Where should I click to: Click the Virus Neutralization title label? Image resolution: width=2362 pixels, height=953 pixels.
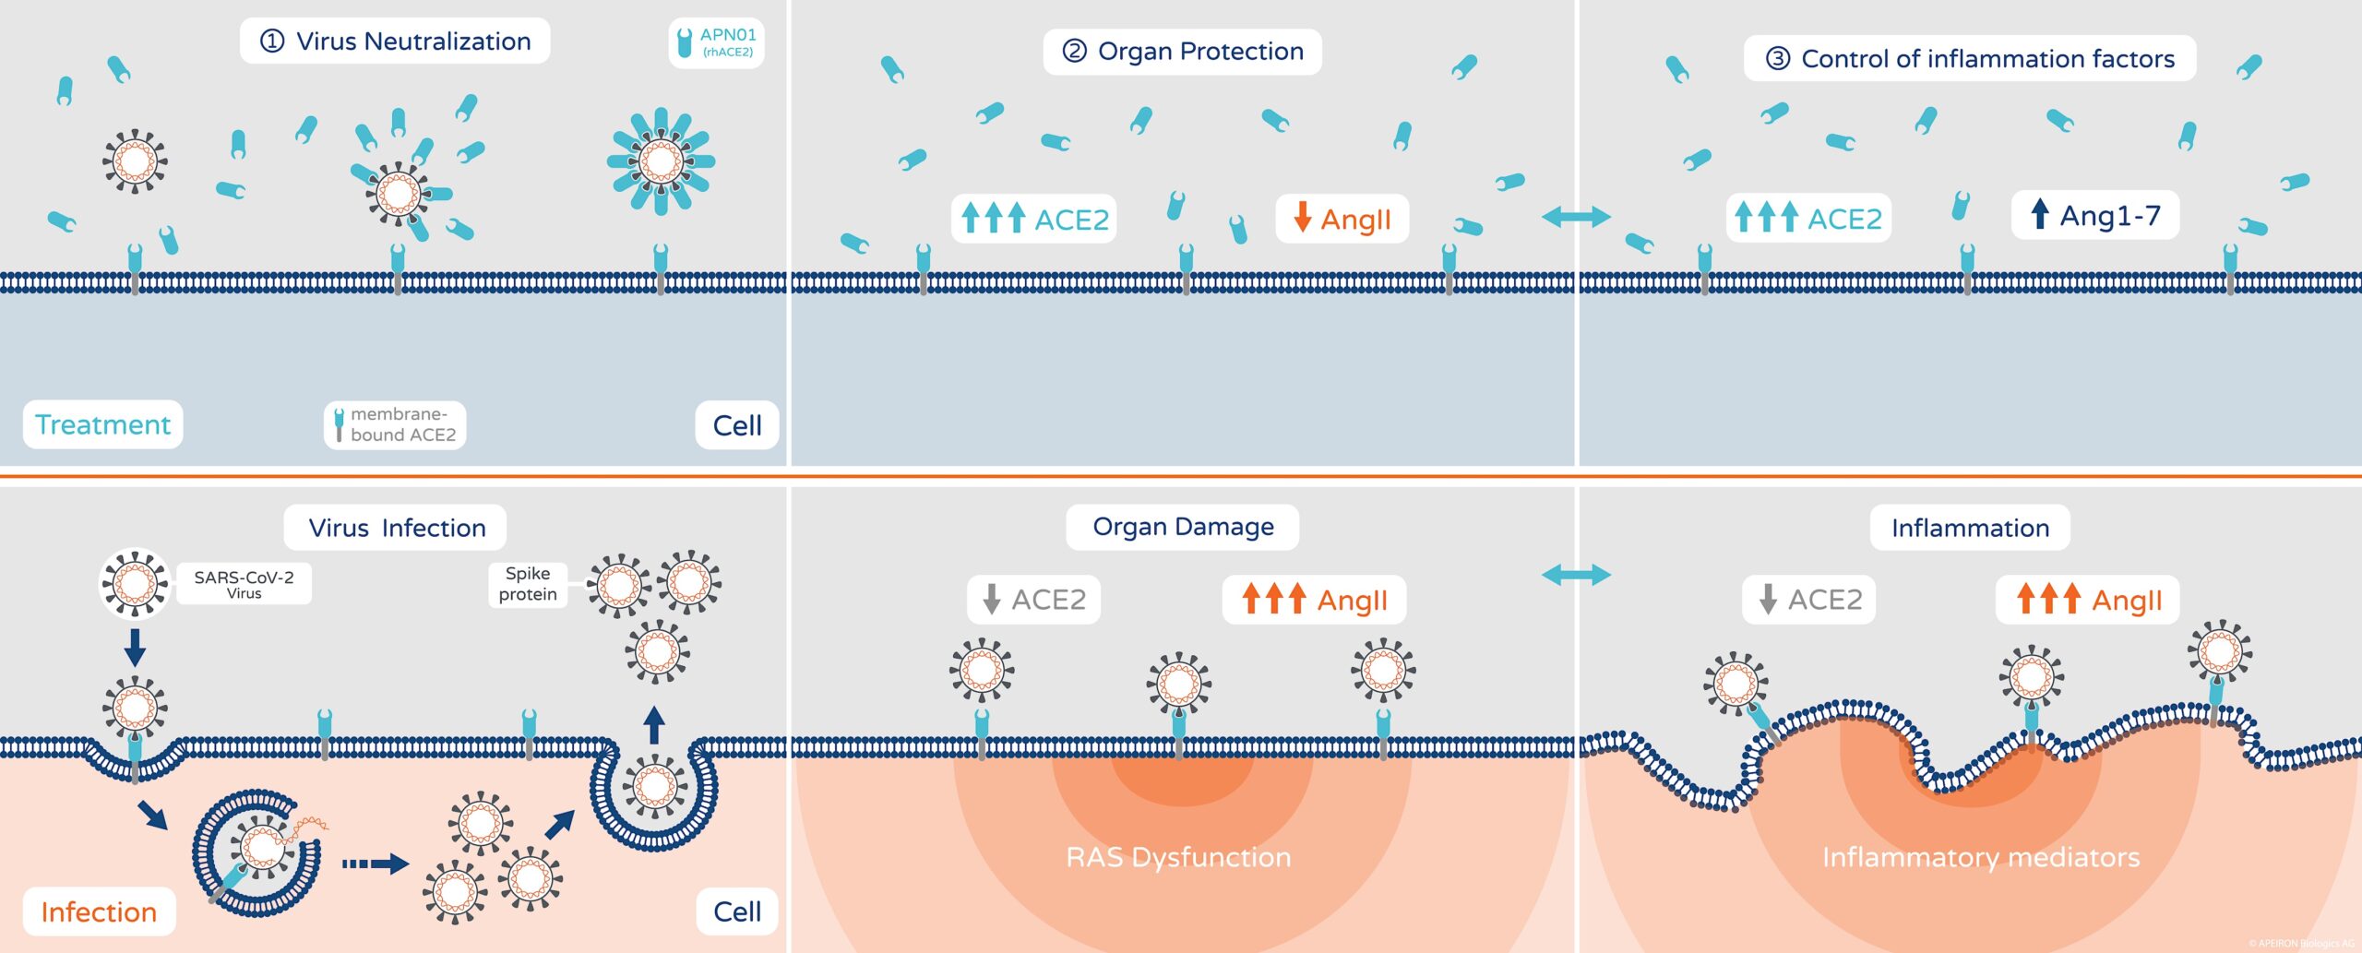click(x=395, y=42)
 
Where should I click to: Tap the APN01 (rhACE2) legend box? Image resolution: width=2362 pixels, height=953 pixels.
click(x=716, y=42)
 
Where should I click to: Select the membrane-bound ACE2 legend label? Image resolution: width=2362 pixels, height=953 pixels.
click(x=395, y=424)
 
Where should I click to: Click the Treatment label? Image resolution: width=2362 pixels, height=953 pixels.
click(x=102, y=424)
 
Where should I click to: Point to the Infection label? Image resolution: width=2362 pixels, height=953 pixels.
click(x=99, y=911)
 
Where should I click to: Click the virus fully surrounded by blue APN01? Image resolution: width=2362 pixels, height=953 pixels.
click(x=661, y=161)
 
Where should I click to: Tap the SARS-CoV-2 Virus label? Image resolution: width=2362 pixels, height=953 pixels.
click(x=244, y=584)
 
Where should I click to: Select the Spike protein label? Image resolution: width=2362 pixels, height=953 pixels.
click(x=527, y=584)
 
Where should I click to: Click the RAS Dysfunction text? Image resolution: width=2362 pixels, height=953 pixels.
click(x=1178, y=857)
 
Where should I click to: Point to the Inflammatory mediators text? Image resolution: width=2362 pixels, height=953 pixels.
click(x=1980, y=857)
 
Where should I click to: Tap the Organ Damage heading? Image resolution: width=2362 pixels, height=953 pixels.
click(x=1182, y=527)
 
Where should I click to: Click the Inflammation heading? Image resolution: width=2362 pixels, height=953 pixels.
click(x=1969, y=528)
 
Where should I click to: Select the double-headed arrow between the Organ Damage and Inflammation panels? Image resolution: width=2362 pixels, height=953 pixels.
click(x=1576, y=575)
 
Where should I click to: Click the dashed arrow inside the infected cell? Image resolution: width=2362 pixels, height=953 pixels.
click(x=375, y=864)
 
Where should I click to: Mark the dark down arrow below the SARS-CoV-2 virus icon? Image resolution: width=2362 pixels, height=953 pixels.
click(x=135, y=647)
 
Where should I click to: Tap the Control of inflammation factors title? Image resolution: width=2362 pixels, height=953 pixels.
click(x=1969, y=59)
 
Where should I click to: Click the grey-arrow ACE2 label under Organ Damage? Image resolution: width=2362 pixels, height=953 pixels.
click(x=1033, y=600)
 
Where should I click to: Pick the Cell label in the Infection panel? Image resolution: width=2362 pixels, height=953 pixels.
click(x=736, y=911)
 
